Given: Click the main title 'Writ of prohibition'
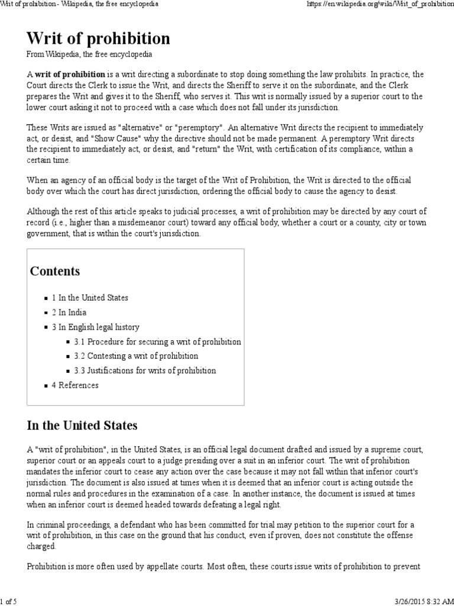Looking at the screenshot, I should (98, 38).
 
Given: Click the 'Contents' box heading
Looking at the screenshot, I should (55, 272).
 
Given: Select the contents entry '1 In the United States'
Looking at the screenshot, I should (90, 298).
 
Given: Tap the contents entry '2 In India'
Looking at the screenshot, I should (69, 312).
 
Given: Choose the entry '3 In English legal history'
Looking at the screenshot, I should (95, 327).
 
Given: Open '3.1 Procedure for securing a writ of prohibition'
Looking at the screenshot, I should (157, 341).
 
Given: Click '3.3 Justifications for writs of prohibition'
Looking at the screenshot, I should (145, 370).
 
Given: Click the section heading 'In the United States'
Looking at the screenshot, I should (82, 426).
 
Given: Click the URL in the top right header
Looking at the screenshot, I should (379, 5).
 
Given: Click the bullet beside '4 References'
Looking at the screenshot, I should (46, 386).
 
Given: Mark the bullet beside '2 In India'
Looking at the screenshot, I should (46, 313).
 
